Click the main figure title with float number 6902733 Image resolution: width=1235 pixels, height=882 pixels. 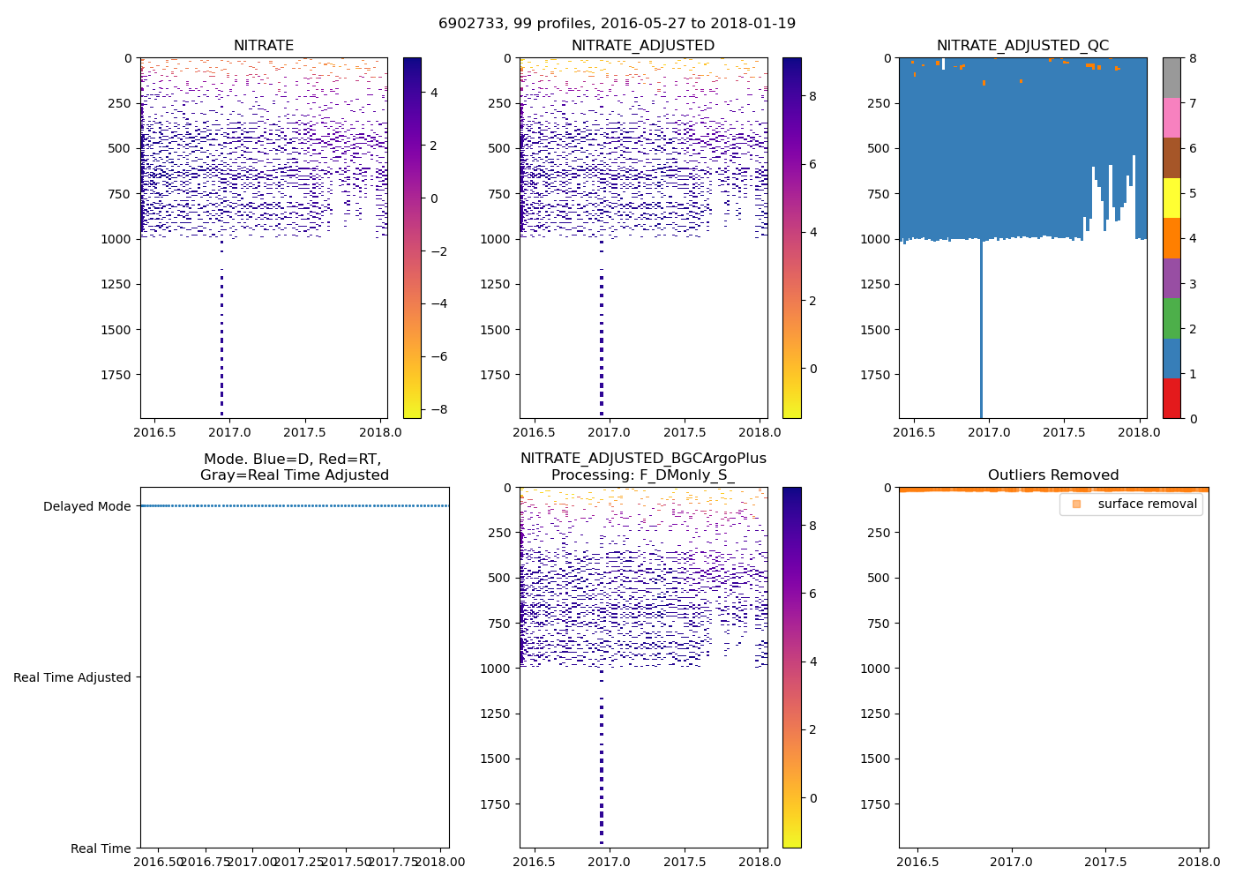[x=617, y=23]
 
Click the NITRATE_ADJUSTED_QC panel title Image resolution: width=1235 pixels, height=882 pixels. [x=1022, y=45]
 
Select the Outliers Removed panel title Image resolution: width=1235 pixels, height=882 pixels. [x=1053, y=475]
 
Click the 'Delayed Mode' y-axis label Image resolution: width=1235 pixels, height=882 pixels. [x=86, y=506]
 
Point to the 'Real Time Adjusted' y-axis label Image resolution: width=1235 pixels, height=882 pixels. [x=72, y=677]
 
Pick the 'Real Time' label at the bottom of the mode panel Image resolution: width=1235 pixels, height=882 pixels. [x=101, y=848]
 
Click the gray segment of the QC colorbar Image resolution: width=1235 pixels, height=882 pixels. [x=1171, y=78]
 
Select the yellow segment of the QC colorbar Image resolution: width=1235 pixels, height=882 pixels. [x=1171, y=198]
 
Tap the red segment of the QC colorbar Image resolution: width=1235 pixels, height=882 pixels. [x=1171, y=398]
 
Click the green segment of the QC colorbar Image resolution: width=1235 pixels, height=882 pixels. [x=1171, y=318]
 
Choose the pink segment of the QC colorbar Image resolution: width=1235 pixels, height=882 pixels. [x=1171, y=117]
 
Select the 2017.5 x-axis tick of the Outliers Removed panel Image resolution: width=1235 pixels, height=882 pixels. [x=1104, y=861]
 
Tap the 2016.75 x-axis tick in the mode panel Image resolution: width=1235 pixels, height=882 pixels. [x=206, y=861]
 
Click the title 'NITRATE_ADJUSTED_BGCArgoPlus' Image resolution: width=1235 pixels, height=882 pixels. [x=643, y=459]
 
